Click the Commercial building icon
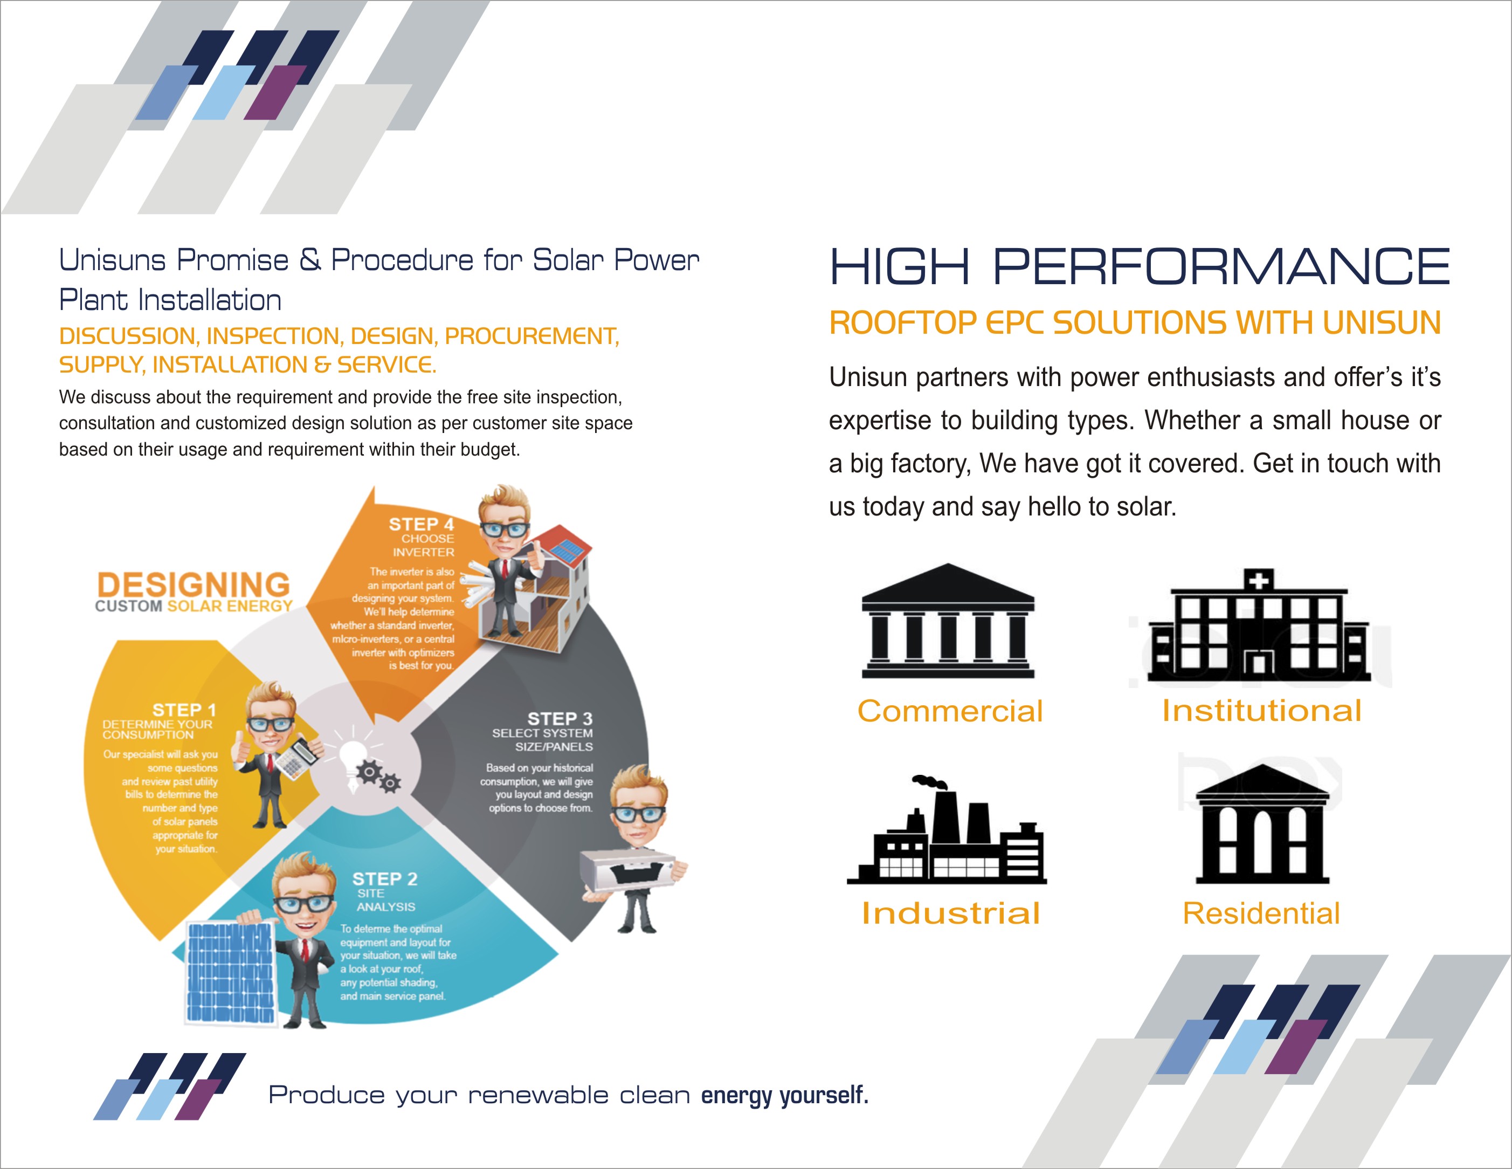tap(948, 621)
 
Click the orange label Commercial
tap(950, 711)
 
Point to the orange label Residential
tap(1261, 913)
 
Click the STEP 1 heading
tap(184, 710)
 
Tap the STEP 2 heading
tap(385, 879)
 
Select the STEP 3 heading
tap(560, 719)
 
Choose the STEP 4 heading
tap(421, 524)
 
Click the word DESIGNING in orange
tap(194, 584)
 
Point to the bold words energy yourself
tap(784, 1095)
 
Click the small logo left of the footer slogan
tap(170, 1086)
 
